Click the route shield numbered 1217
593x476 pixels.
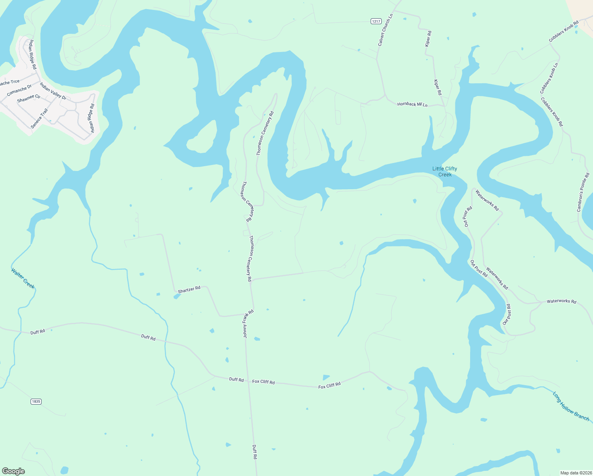[376, 21]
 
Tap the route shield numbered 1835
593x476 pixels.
[36, 401]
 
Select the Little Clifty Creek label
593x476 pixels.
[445, 171]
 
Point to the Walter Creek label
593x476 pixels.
[23, 278]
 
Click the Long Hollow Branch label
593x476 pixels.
[571, 407]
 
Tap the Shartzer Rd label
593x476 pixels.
[189, 290]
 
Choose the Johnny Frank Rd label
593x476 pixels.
[248, 324]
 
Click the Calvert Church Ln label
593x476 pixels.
[385, 30]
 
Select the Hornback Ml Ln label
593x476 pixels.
[412, 104]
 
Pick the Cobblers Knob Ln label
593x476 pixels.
[549, 78]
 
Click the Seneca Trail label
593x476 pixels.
[39, 119]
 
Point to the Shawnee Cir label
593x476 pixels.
[29, 98]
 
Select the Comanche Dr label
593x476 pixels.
[19, 90]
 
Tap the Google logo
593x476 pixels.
[13, 471]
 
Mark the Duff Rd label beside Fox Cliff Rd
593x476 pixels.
[236, 380]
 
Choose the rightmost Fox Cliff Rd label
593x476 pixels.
[329, 386]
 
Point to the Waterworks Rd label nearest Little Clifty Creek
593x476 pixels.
[487, 201]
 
